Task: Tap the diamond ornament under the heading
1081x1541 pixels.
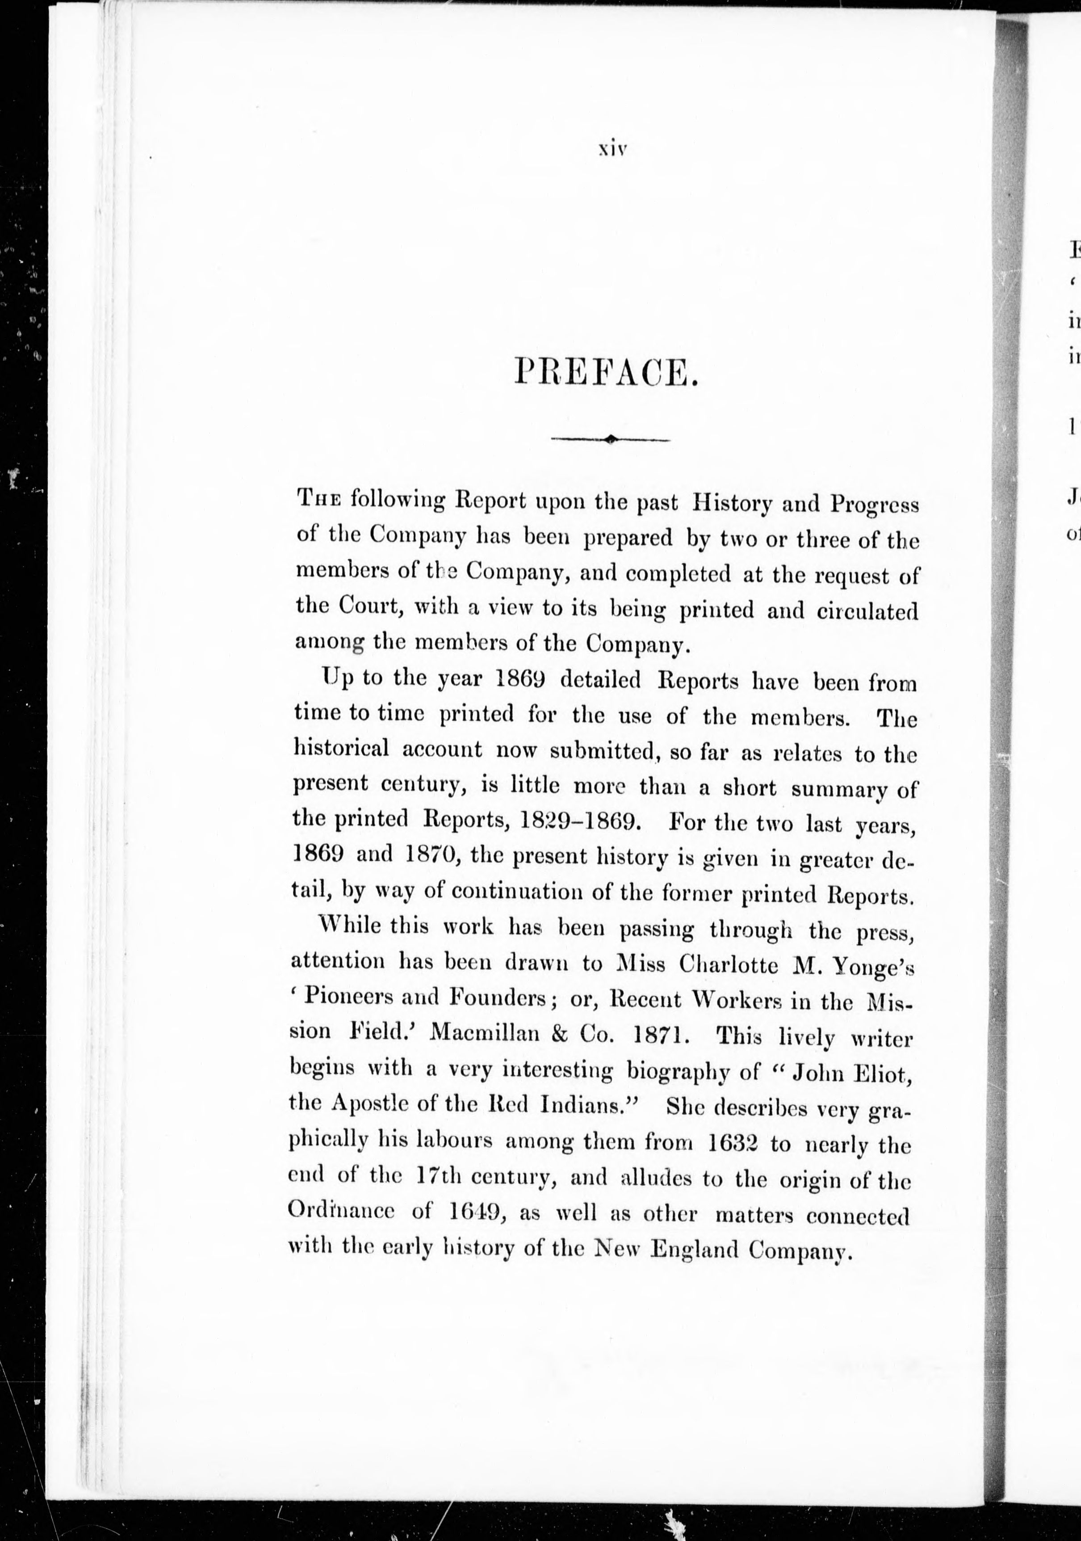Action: click(609, 440)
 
